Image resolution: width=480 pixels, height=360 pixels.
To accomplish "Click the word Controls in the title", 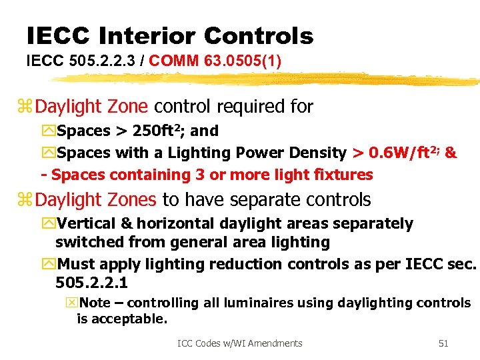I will [x=259, y=35].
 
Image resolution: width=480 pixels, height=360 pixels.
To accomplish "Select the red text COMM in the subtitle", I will [x=171, y=61].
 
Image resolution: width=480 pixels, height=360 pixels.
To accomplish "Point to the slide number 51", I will [x=443, y=343].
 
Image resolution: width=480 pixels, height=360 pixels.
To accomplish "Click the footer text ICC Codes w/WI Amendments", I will [x=239, y=343].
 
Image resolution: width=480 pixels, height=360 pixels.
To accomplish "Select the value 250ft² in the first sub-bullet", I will [x=159, y=131].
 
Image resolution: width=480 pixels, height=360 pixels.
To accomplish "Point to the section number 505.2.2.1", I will [x=92, y=282].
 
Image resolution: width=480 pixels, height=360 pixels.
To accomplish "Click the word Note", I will [x=95, y=303].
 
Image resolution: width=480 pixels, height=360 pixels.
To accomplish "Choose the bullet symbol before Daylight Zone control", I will [x=27, y=107].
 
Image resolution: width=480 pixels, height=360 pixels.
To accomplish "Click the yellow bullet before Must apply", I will [x=48, y=264].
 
